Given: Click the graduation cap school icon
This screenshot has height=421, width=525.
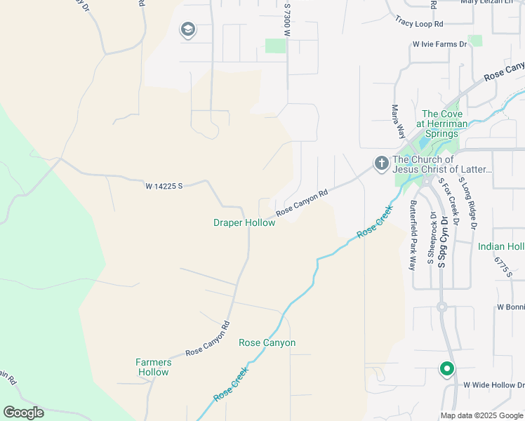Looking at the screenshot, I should coord(187,29).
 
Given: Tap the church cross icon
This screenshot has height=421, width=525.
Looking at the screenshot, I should coord(381,163).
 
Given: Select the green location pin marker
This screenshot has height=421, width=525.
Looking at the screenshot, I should coord(446,368).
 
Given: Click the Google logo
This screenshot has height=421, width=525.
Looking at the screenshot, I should coord(23,413).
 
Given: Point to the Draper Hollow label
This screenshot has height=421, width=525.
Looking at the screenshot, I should coord(244,222).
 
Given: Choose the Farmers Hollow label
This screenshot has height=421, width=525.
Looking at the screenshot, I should coord(152,367).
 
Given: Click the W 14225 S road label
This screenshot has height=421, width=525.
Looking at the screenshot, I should coord(164,186).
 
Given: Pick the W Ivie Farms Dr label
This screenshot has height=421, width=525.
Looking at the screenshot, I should coord(439,44).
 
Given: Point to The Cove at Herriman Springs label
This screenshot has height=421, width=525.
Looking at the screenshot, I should coord(441,124).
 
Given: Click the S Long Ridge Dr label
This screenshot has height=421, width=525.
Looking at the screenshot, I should coord(468,203).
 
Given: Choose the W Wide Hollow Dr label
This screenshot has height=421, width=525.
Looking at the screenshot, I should coord(493,385).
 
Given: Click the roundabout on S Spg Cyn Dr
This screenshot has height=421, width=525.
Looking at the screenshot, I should coord(441,307).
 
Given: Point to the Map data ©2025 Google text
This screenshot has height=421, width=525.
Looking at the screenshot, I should coord(481,415).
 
